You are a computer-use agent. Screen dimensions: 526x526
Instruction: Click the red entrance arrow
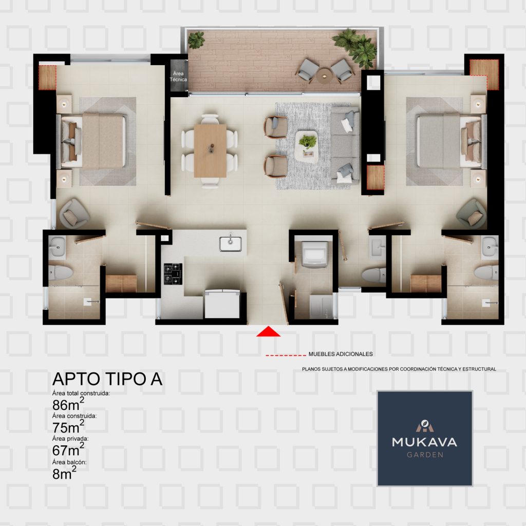click(x=268, y=331)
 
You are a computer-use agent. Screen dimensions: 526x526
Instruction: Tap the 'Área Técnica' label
click(x=178, y=76)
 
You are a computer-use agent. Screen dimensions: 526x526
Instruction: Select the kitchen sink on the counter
click(x=231, y=243)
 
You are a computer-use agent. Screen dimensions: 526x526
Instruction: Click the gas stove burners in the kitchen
click(x=173, y=274)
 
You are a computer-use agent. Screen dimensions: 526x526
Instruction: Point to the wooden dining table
click(x=210, y=151)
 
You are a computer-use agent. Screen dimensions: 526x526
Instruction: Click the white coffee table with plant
click(x=306, y=147)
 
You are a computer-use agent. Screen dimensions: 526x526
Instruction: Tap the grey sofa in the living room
click(x=345, y=145)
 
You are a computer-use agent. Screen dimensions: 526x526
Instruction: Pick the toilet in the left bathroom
click(x=61, y=272)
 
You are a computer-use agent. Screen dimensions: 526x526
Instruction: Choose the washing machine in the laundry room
click(x=315, y=254)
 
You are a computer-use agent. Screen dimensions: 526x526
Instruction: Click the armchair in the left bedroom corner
click(x=74, y=214)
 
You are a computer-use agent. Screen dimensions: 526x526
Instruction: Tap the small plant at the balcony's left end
click(x=196, y=40)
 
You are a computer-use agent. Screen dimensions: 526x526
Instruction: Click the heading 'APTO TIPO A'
click(x=107, y=379)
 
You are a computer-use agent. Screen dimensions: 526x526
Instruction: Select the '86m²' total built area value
click(x=68, y=404)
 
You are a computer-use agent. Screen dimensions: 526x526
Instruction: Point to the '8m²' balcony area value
click(x=64, y=473)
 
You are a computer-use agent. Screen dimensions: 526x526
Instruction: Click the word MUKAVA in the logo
click(x=425, y=442)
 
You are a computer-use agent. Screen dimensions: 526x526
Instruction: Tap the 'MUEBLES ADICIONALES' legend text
click(x=341, y=354)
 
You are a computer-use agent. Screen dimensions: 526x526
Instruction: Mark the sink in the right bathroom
click(x=490, y=248)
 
